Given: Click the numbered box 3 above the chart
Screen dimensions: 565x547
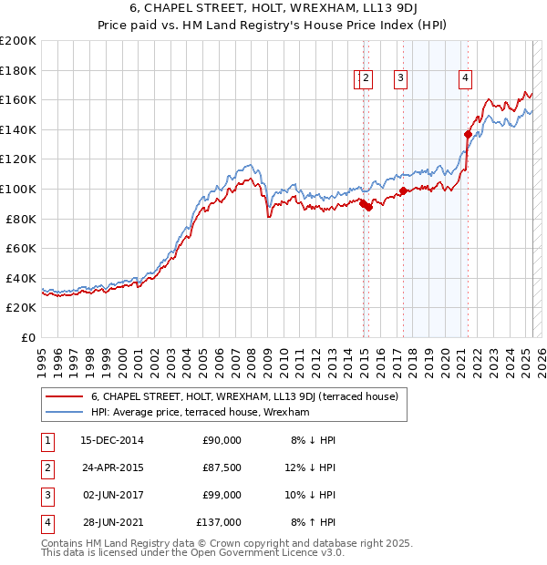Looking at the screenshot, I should (x=400, y=79).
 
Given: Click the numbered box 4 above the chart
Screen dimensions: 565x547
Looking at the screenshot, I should (x=465, y=79).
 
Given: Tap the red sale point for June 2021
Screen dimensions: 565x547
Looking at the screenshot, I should (x=468, y=134).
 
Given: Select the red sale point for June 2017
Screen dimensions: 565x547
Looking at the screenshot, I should (x=402, y=190).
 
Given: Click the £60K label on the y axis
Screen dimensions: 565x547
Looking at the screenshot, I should (x=21, y=248).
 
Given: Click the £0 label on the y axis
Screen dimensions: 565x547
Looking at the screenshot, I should (x=28, y=337).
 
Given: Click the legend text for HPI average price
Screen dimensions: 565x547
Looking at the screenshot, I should (x=201, y=413).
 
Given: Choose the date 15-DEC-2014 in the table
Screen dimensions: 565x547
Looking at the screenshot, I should (x=112, y=440).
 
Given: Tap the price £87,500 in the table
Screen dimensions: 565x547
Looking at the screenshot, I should (x=222, y=467).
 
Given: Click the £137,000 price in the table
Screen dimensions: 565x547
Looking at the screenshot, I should (x=220, y=522).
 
